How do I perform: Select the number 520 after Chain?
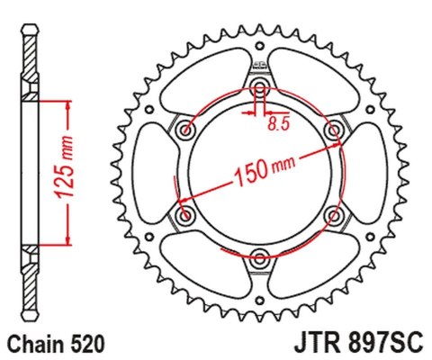click(89, 343)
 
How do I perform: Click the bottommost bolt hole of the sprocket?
click(260, 259)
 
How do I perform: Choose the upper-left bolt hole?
click(186, 130)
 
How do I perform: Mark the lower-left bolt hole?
click(186, 216)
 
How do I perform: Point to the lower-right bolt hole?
click(335, 216)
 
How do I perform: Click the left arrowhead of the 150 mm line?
click(179, 200)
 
